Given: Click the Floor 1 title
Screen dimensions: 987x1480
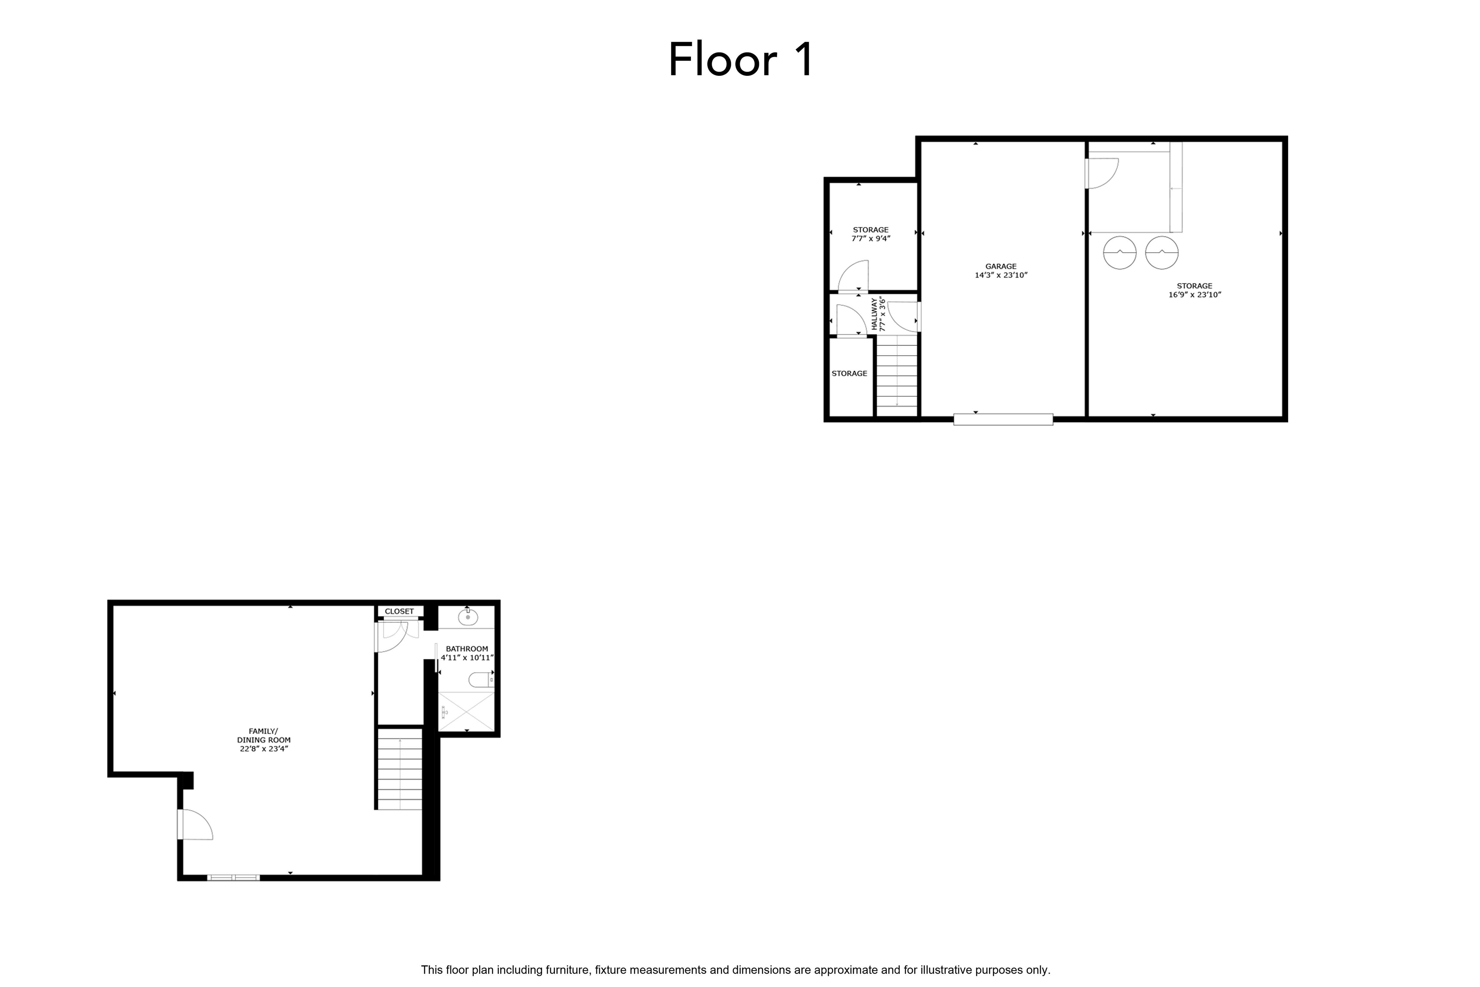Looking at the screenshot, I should coord(741,60).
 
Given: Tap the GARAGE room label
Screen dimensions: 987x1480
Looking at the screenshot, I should coord(1000,266).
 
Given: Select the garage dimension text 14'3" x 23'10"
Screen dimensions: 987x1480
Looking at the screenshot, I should coord(1000,275).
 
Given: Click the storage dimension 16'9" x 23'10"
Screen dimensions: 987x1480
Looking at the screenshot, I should coord(1194,295).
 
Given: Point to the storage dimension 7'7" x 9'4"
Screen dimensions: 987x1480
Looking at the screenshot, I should coord(871,239).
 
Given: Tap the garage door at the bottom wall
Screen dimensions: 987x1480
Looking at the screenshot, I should coord(1003,419).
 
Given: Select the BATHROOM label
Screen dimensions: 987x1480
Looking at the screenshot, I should coord(467,648).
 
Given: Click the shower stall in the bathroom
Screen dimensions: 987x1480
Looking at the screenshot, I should coord(466,711).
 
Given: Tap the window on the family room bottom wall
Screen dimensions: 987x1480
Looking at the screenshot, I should coord(234,877).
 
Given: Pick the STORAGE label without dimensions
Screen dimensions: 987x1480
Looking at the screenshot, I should coord(850,373).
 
